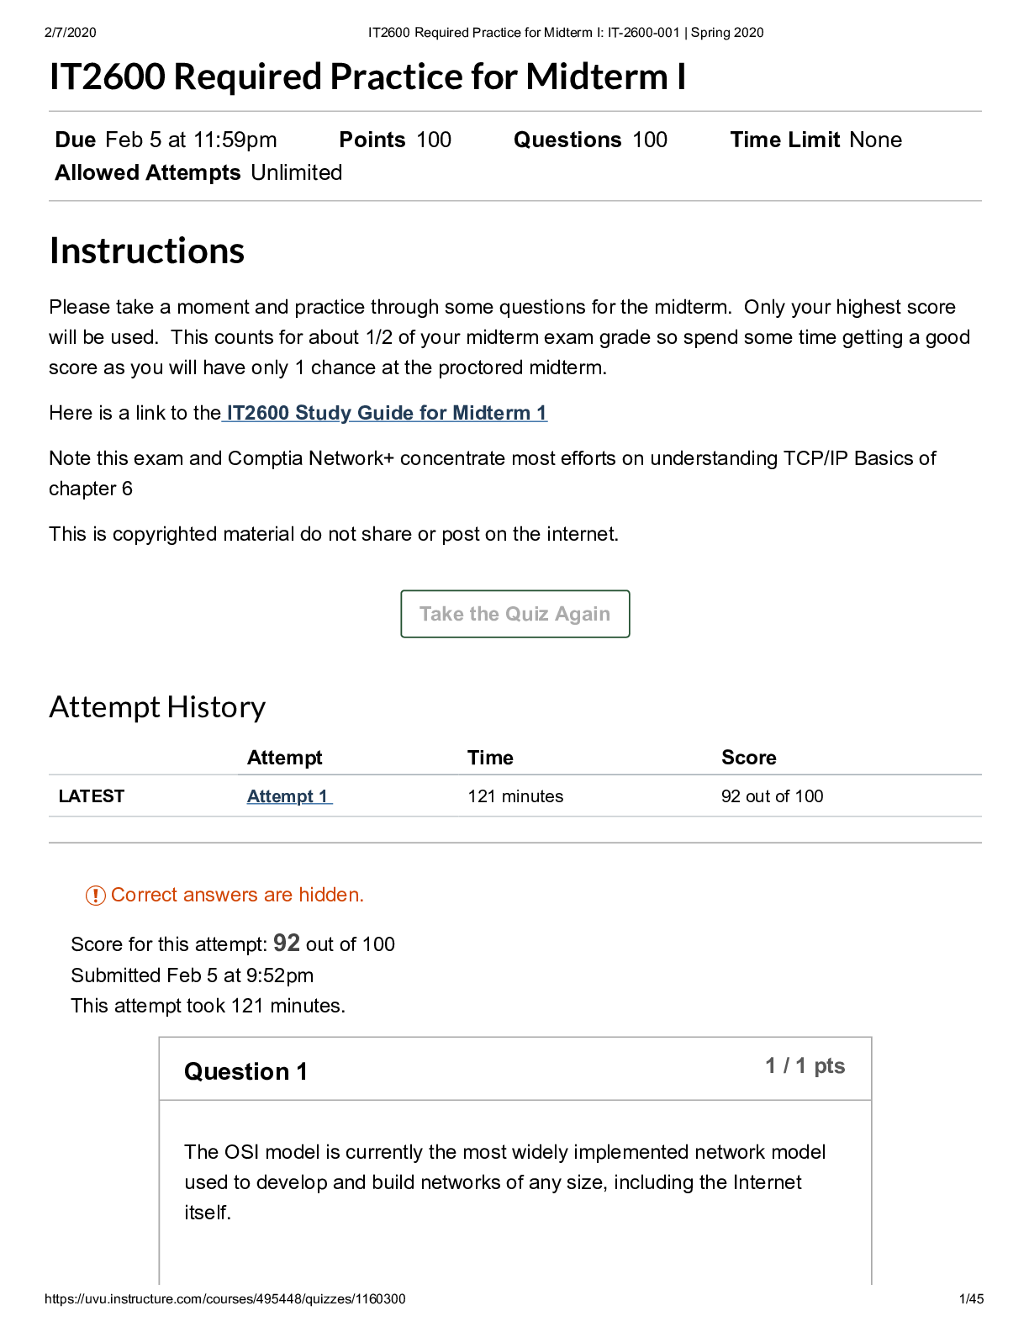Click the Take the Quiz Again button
tap(514, 614)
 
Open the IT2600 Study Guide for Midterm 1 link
tap(386, 413)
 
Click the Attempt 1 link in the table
tap(288, 796)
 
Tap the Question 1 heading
tap(245, 1071)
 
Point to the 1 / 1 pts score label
tap(805, 1066)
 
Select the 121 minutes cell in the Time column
tap(515, 796)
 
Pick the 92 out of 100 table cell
tap(772, 796)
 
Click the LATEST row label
tap(92, 796)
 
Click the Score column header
tap(748, 758)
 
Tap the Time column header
tap(490, 758)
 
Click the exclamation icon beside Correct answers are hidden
tap(96, 896)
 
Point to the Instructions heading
tap(147, 251)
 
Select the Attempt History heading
tap(157, 707)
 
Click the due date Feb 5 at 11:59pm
tap(191, 140)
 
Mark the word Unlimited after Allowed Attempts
tap(296, 172)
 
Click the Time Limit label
tap(784, 140)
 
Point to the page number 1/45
tap(971, 1299)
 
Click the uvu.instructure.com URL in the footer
tap(224, 1299)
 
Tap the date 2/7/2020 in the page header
tap(71, 33)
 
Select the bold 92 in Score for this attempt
tap(286, 943)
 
